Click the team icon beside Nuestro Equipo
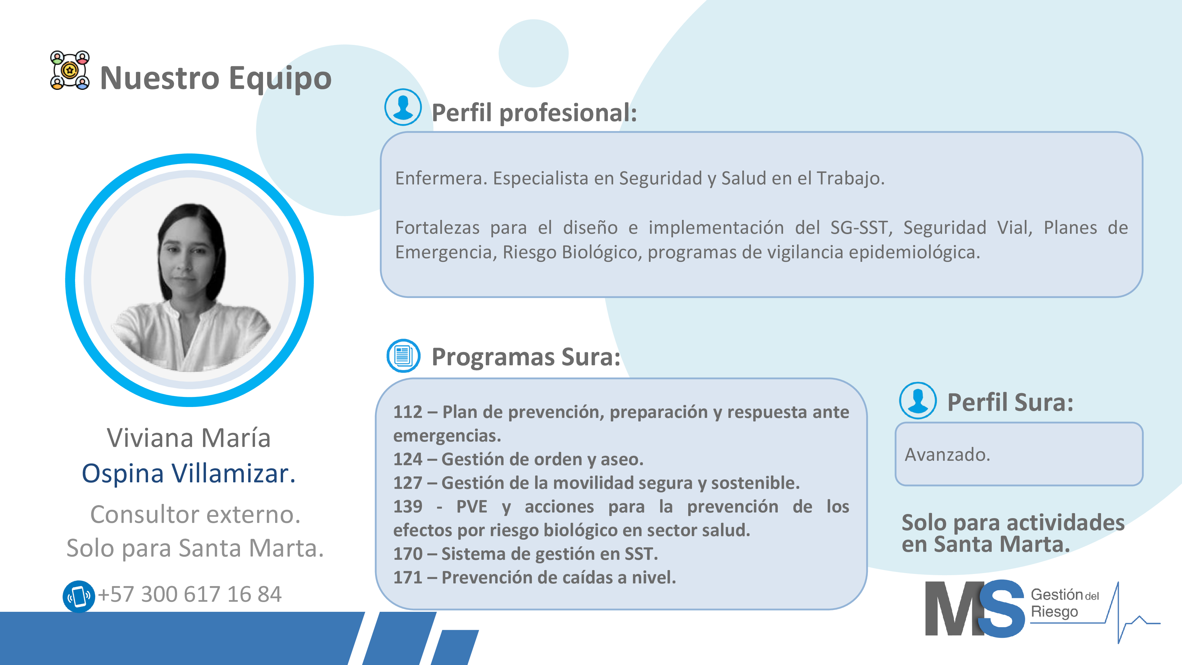pos(70,70)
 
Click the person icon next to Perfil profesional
pos(403,107)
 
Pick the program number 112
pos(407,412)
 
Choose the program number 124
pos(407,459)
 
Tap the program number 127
pos(407,483)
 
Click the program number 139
pos(407,507)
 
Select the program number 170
pos(407,554)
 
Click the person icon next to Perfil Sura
pos(918,401)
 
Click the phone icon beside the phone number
pos(79,596)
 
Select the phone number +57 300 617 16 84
pos(189,594)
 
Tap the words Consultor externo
pos(195,515)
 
